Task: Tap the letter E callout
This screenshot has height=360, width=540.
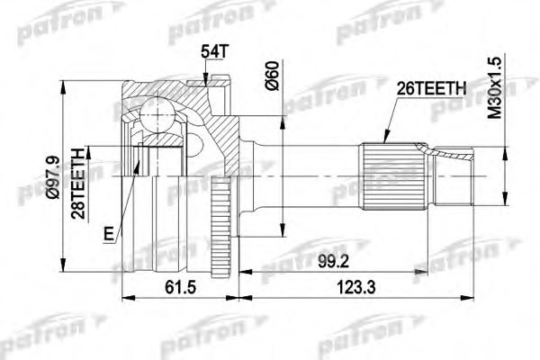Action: (x=109, y=235)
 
